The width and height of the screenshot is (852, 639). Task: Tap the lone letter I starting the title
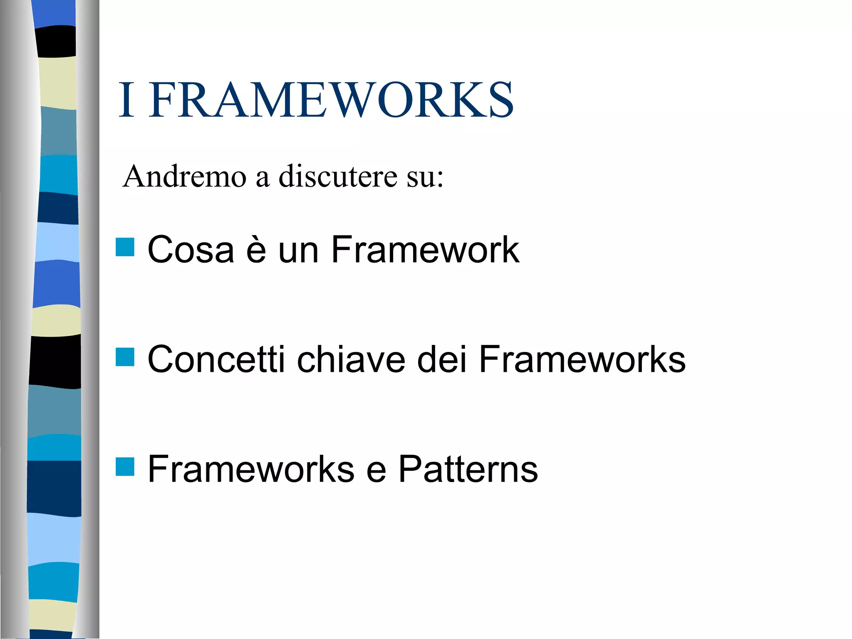[126, 100]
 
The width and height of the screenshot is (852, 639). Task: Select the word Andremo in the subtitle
[185, 177]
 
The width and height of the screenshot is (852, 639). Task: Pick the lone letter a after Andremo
[263, 179]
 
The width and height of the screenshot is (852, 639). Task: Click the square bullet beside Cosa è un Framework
[125, 247]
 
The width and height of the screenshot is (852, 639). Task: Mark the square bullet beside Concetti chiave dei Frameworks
[125, 357]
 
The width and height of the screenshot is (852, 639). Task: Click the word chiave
[351, 359]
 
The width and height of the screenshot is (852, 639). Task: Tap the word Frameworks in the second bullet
[582, 359]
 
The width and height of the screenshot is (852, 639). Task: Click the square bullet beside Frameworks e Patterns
[125, 467]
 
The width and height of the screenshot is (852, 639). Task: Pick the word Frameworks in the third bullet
[251, 469]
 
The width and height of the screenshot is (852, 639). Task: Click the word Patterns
[468, 469]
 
